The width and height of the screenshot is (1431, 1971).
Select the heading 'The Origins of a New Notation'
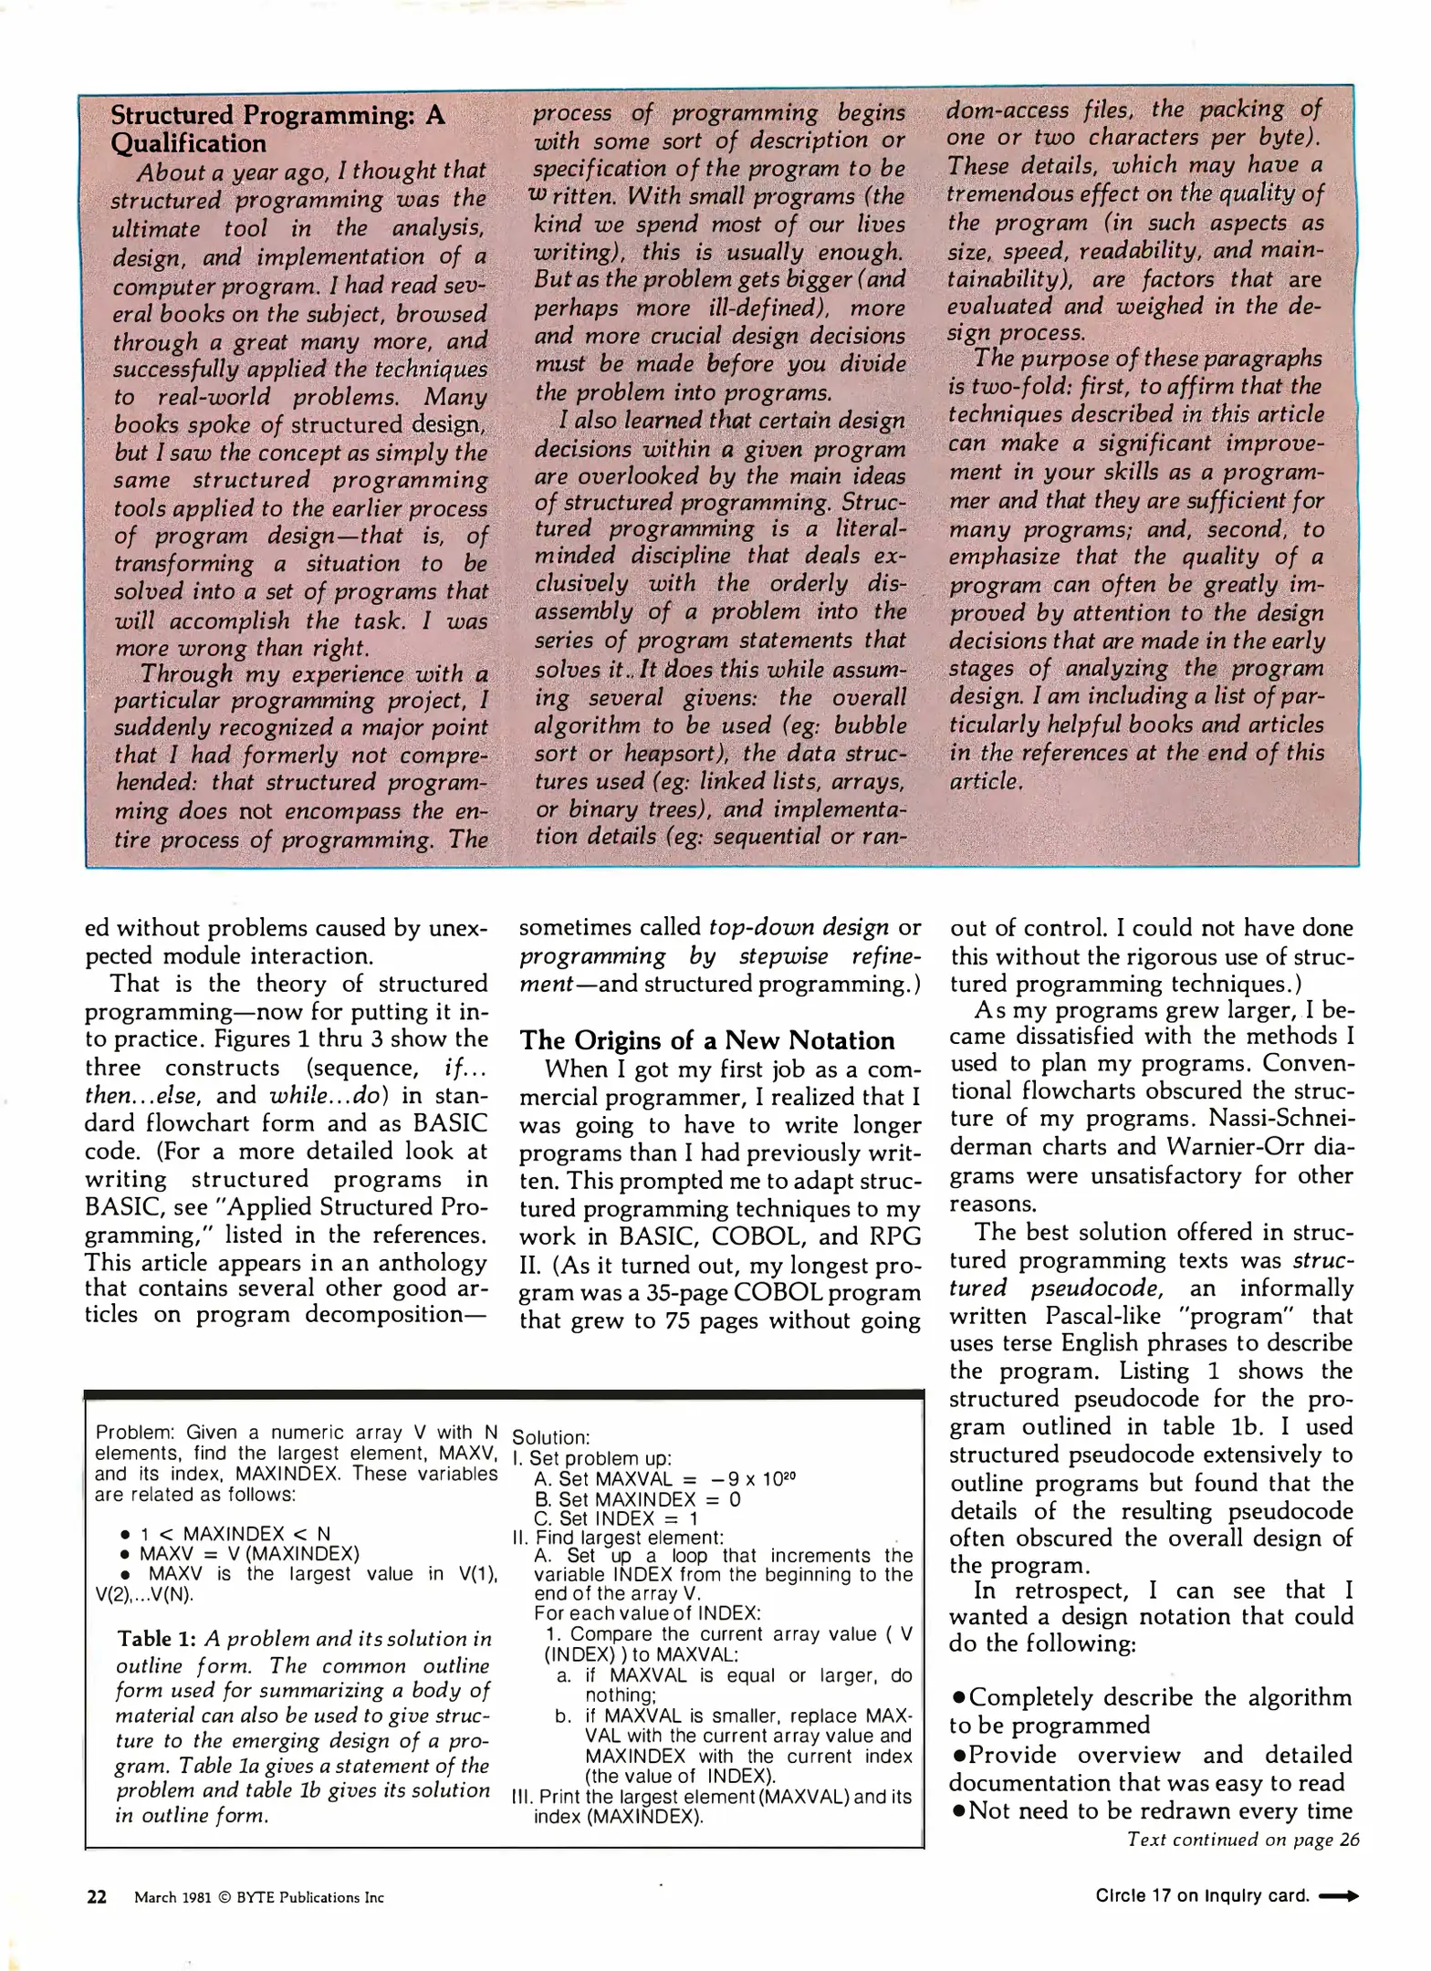click(706, 1040)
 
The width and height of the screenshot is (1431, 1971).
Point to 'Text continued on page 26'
click(1242, 1840)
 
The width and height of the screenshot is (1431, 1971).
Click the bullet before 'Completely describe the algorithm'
click(958, 1698)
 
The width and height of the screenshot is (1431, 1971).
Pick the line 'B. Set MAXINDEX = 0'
click(637, 1499)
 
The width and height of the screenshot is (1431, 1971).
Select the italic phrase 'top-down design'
click(799, 927)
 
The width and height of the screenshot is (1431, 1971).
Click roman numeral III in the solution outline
click(521, 1797)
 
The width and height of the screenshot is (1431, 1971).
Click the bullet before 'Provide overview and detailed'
click(958, 1755)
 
